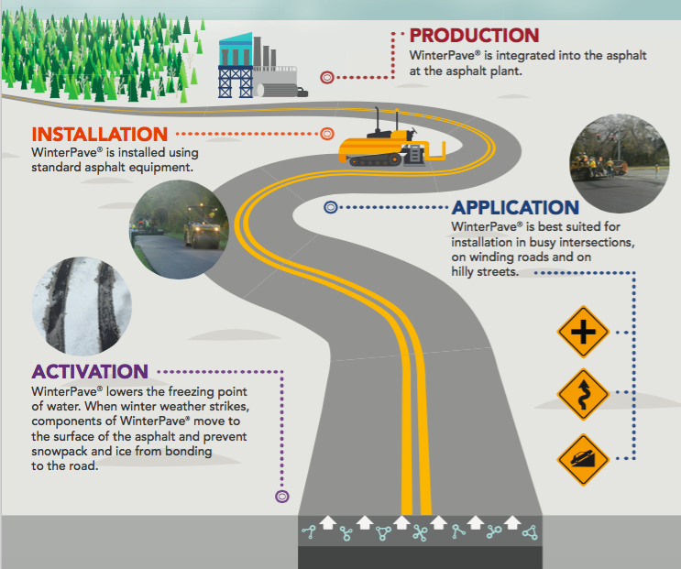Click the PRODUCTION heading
[x=474, y=36]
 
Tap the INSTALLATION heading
[x=100, y=135]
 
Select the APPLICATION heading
[x=515, y=208]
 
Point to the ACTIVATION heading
[x=90, y=372]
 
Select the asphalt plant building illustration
[x=253, y=66]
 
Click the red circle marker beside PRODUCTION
[x=327, y=77]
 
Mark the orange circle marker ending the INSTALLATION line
[x=326, y=135]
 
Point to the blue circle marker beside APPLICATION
[x=331, y=208]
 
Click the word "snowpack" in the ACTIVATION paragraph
[x=60, y=453]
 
